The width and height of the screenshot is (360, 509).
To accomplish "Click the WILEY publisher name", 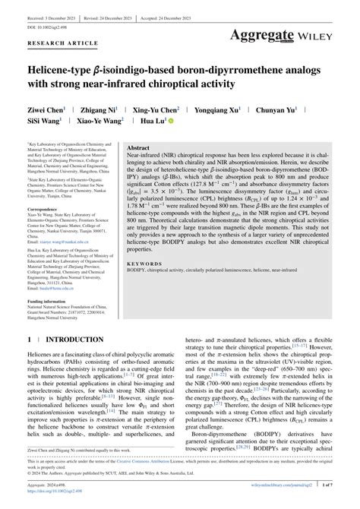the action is point(329,35).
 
